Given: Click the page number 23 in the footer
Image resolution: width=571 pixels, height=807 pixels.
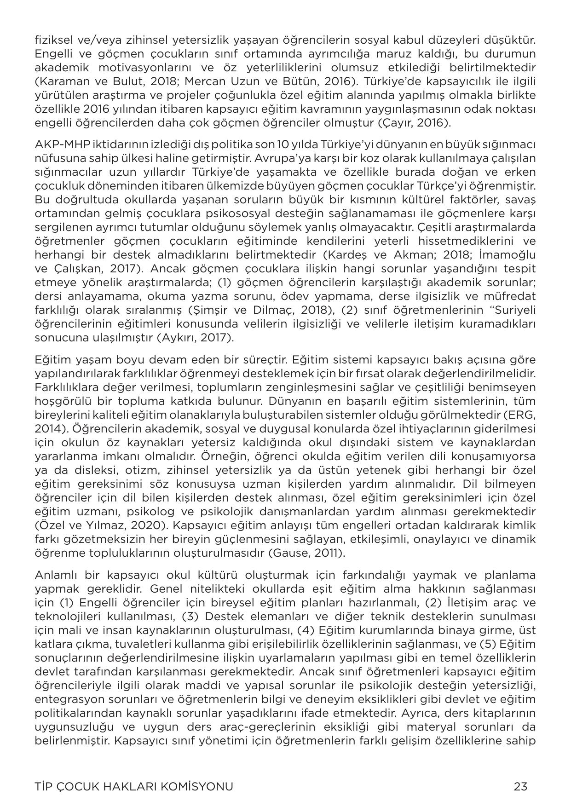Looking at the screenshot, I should pyautogui.click(x=520, y=786).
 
